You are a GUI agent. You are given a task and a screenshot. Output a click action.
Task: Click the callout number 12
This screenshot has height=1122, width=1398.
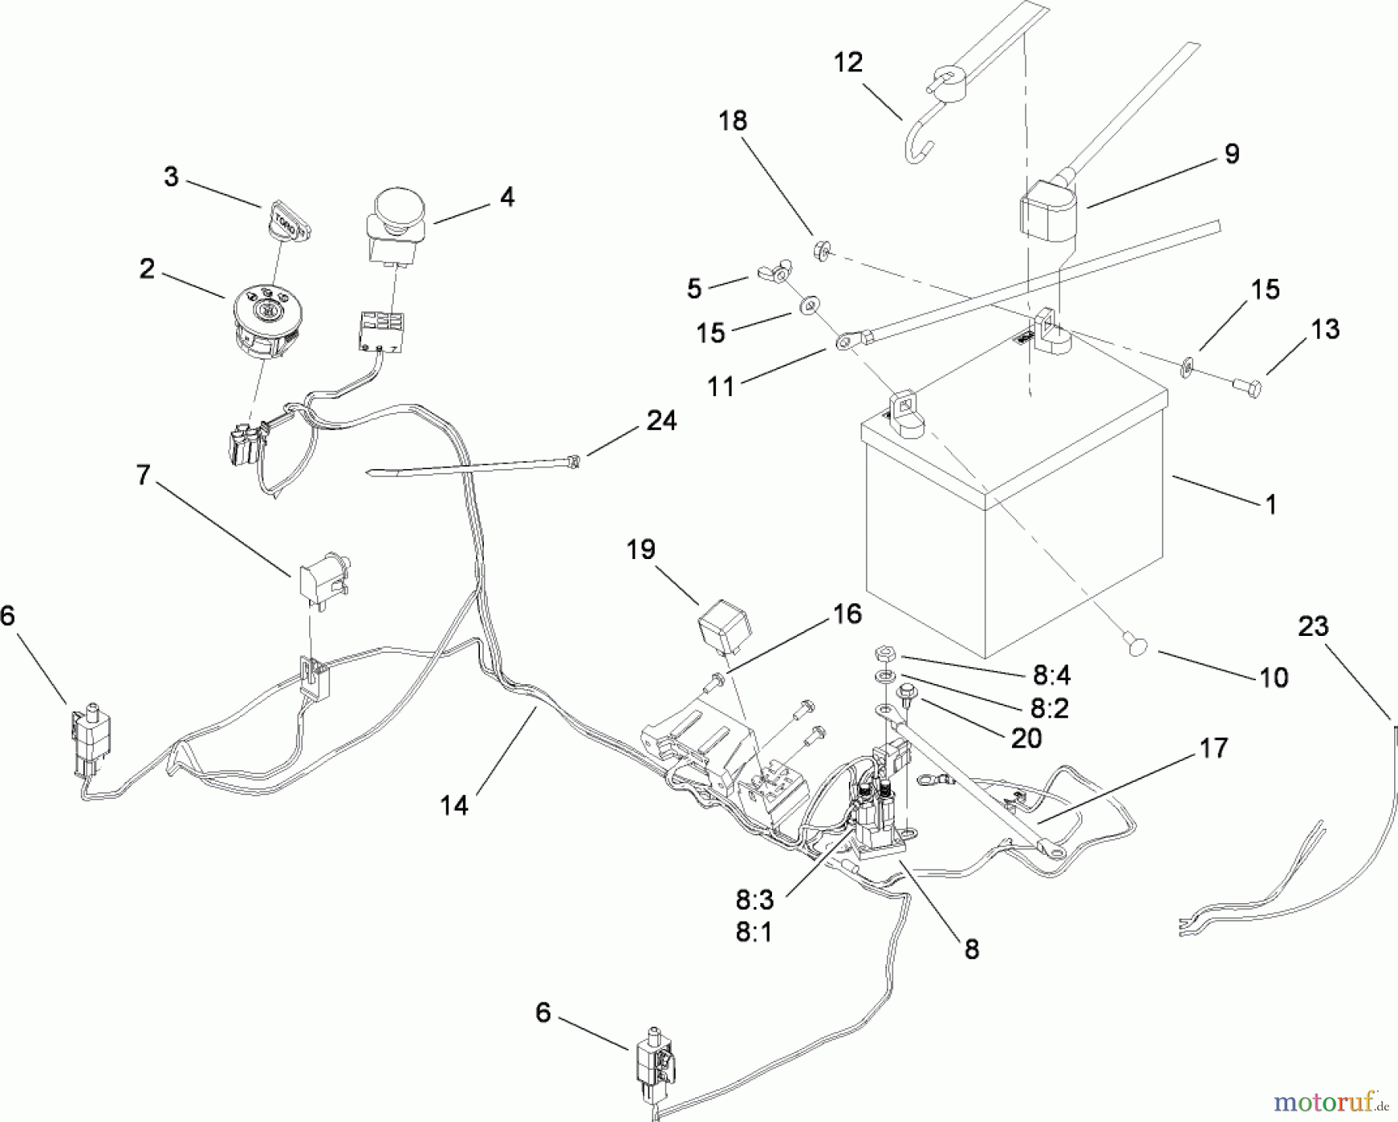(x=848, y=63)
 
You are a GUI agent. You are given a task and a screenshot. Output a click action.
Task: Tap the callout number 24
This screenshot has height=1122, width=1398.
(x=661, y=421)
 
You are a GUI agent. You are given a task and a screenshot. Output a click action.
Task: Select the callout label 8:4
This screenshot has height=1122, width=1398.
(x=1052, y=676)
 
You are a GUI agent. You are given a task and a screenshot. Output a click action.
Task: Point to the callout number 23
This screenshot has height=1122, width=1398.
(x=1313, y=627)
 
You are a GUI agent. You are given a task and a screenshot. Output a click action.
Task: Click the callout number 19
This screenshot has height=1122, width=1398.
(x=642, y=550)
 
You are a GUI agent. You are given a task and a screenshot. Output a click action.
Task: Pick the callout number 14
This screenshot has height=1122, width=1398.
(x=454, y=806)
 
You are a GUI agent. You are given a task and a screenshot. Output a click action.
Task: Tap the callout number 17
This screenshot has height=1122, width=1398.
(x=1213, y=749)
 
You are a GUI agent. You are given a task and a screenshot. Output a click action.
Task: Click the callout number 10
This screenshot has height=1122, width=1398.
(x=1274, y=678)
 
